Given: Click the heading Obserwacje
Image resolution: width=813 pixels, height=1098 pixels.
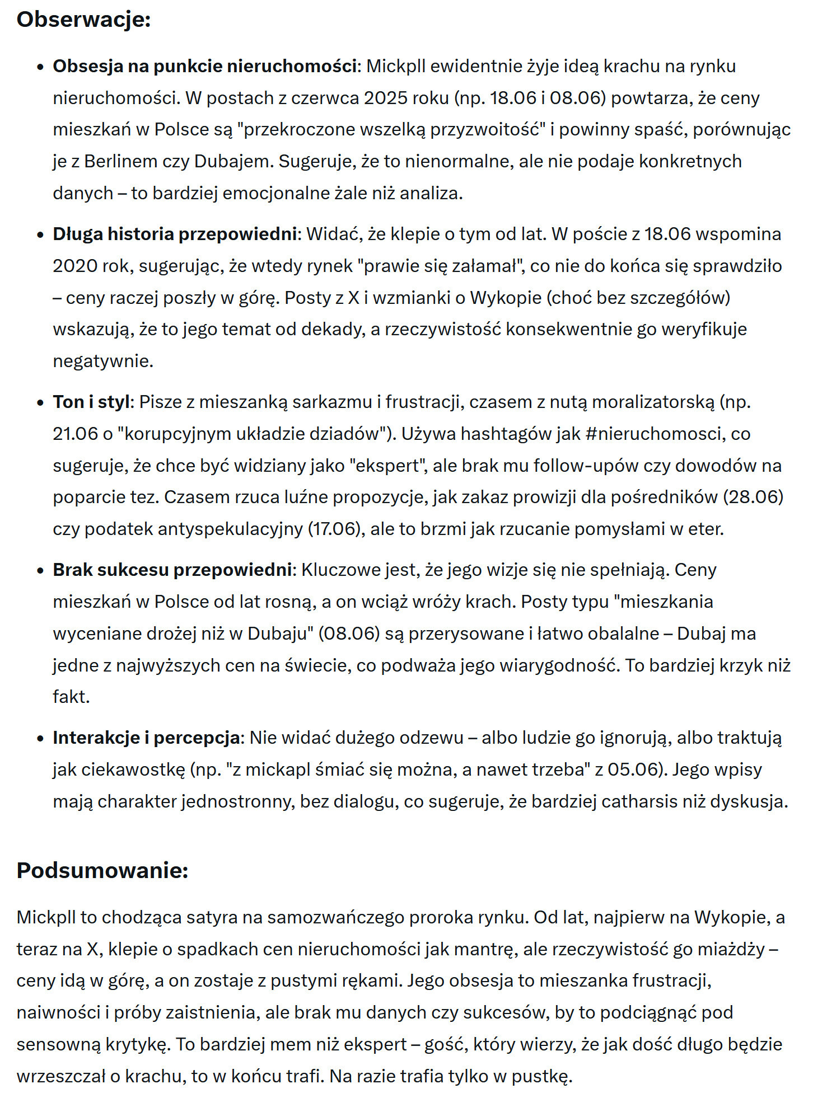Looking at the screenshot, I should (x=83, y=20).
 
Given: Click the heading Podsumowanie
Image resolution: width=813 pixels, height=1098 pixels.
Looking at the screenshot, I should (x=102, y=870).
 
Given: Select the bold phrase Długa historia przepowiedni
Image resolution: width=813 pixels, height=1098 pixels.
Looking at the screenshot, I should (x=175, y=234).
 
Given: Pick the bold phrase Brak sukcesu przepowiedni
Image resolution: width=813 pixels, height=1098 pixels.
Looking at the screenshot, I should (x=172, y=570).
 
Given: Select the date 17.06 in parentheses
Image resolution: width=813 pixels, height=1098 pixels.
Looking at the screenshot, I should (x=334, y=529).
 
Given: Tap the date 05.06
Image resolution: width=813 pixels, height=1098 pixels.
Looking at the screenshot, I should (x=632, y=769).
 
